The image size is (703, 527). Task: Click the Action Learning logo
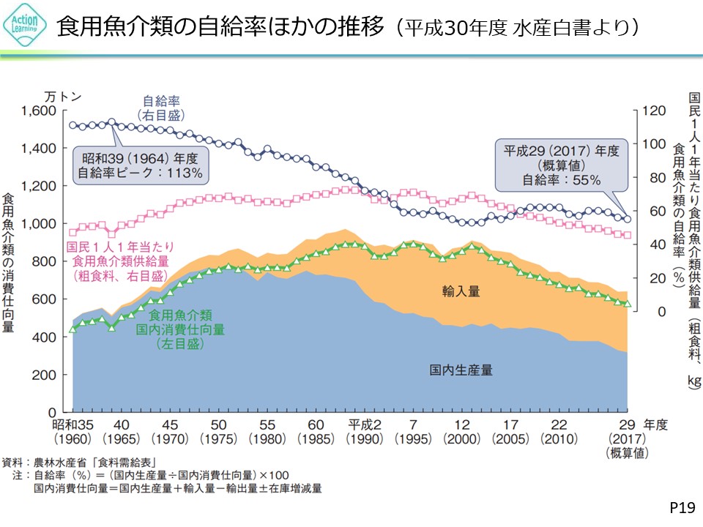click(x=26, y=27)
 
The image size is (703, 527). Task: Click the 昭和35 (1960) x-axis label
click(x=73, y=432)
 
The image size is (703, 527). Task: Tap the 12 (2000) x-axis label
click(x=461, y=432)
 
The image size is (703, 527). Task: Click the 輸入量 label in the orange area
click(x=461, y=291)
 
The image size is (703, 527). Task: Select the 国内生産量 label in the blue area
click(x=461, y=370)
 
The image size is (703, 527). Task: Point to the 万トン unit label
click(x=64, y=96)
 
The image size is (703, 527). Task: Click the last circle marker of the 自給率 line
click(x=627, y=218)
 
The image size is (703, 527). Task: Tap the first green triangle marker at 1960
click(x=72, y=329)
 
